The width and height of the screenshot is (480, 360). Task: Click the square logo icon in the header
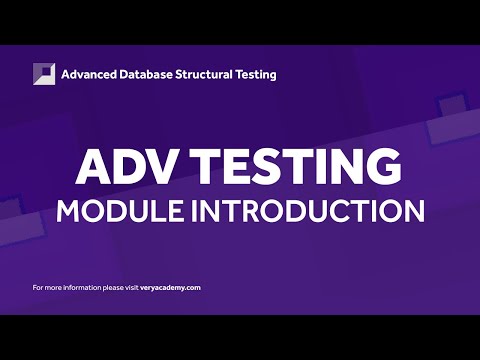[44, 74]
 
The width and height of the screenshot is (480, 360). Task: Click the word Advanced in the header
[90, 74]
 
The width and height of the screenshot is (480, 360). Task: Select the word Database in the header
[149, 74]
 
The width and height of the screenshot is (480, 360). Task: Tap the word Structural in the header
[207, 74]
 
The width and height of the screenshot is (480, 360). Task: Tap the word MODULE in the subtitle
[110, 211]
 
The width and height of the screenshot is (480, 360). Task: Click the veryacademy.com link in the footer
[169, 288]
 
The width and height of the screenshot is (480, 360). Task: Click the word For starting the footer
[38, 288]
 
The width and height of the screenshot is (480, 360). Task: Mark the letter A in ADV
[93, 165]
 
